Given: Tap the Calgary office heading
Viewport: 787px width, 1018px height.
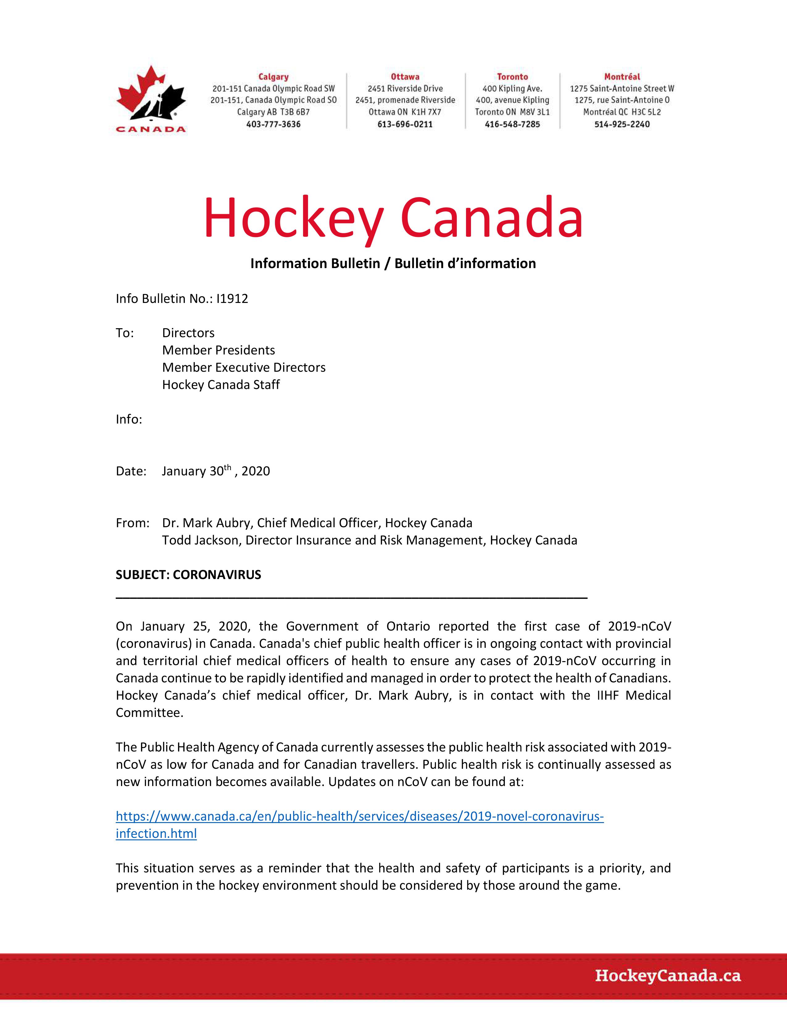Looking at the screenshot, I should coord(273,77).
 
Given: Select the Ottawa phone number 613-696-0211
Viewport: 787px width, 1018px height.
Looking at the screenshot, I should coord(405,124).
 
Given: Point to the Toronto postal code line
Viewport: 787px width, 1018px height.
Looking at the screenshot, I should coord(512,112).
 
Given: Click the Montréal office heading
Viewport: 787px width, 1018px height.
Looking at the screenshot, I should coord(622,77).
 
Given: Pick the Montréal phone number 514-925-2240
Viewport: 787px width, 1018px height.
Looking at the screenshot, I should coord(622,124).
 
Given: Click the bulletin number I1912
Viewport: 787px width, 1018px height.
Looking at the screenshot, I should coord(232,299).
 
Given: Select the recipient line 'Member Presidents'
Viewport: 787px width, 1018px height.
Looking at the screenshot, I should coord(218,350).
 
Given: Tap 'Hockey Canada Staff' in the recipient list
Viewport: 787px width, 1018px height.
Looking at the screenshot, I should coord(221,385).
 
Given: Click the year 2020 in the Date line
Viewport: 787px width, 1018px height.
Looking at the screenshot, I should coord(256,471).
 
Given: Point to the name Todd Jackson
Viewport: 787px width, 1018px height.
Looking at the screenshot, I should coord(200,540).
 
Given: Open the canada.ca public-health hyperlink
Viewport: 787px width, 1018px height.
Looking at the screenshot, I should coord(360,816).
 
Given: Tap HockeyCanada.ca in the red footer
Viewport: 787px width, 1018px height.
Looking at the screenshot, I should coord(668,975).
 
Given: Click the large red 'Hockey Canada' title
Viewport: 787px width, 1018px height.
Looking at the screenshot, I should coord(393,219).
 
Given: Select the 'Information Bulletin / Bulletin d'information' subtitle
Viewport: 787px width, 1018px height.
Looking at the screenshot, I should coord(393,263).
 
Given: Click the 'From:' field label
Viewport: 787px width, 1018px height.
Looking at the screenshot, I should coord(132,523).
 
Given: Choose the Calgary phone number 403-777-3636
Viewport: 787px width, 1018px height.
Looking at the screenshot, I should coord(273,124).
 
